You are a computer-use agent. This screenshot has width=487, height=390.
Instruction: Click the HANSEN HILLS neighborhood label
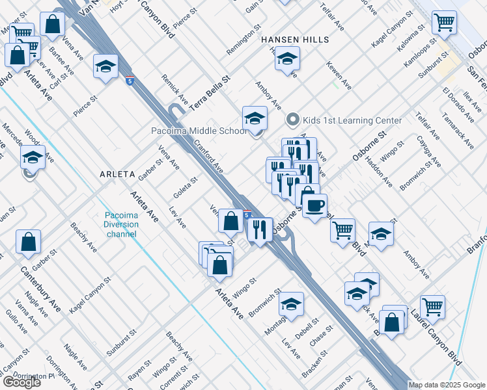(296, 40)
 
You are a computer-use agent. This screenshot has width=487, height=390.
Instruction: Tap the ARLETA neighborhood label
(117, 175)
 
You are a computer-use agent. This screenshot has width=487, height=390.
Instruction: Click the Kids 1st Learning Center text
(352, 120)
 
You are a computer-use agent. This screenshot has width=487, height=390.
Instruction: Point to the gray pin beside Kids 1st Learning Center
(292, 120)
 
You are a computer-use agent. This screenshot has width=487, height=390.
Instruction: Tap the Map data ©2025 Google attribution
(447, 385)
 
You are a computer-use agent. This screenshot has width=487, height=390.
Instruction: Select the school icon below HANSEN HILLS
(286, 59)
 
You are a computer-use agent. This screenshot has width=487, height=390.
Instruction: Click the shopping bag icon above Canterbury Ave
(29, 243)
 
